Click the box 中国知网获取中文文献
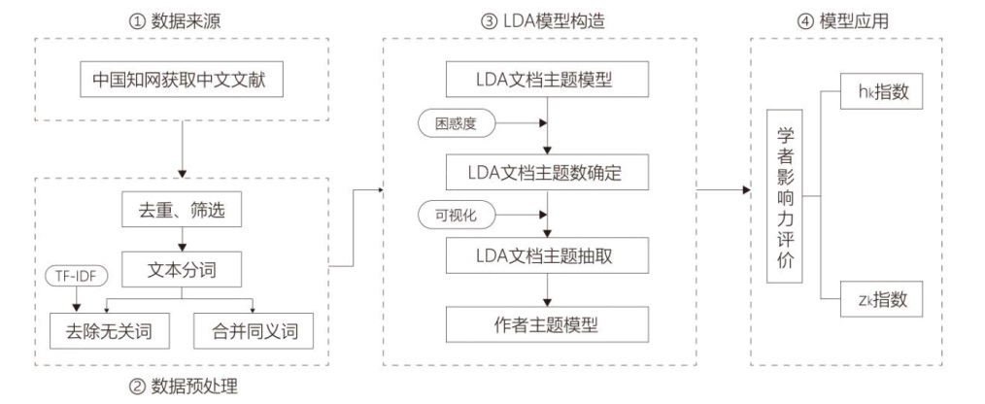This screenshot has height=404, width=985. (181, 83)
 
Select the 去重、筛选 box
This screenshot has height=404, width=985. (181, 210)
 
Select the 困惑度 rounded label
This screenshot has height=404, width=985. (456, 124)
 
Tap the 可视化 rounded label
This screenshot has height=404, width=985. (456, 213)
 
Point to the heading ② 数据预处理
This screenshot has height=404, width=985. (185, 387)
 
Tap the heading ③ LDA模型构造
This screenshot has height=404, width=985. (540, 18)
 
